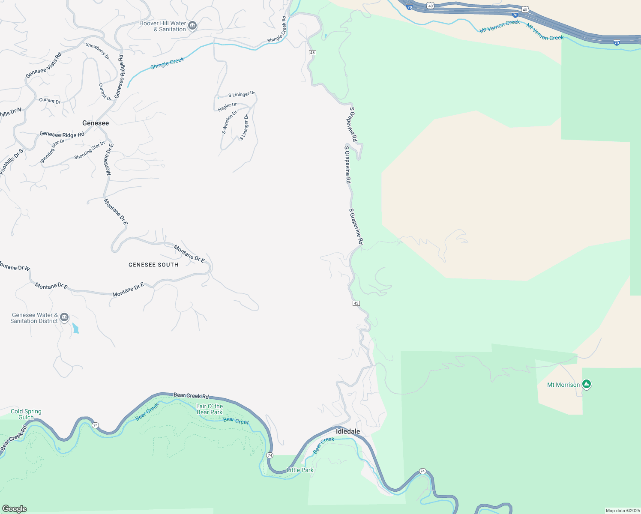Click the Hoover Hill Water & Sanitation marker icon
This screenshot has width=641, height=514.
192,26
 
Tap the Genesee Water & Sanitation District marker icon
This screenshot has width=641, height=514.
64,317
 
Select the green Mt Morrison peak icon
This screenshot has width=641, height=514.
587,384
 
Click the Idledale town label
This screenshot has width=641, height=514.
348,431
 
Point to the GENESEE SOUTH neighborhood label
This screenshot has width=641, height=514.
153,265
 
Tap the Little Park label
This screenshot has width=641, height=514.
300,470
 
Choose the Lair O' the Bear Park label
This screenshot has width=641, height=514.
210,409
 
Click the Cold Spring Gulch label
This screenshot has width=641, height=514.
26,414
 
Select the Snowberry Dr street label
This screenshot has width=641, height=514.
98,51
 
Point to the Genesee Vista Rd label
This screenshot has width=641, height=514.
44,65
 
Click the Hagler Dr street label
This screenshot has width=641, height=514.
227,107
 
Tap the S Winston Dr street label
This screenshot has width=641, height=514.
229,122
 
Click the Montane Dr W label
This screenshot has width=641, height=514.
15,267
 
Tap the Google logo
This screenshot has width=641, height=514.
15,508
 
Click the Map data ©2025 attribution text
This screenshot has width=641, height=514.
622,511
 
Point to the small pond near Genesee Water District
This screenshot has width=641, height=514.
76,328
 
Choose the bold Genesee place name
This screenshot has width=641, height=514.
96,123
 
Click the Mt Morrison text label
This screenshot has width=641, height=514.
563,385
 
